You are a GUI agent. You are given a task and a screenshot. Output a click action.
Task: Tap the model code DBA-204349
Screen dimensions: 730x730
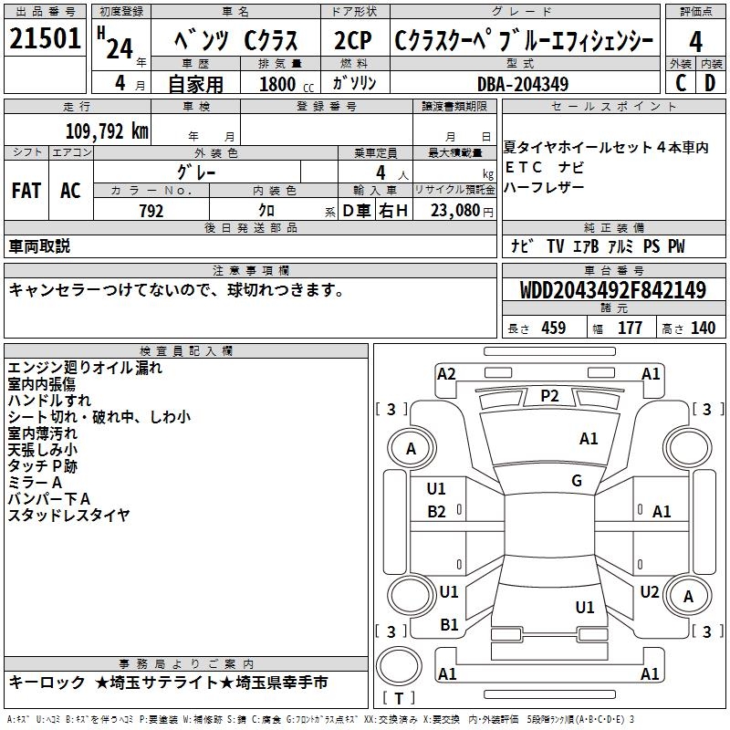[523, 84]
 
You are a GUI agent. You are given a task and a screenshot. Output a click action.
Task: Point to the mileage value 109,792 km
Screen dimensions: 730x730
[107, 130]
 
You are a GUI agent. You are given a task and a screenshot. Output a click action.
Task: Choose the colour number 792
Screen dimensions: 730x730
[151, 211]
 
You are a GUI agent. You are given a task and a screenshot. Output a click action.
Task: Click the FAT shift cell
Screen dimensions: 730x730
[26, 191]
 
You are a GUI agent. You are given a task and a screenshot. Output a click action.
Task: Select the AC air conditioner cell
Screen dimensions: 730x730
[70, 191]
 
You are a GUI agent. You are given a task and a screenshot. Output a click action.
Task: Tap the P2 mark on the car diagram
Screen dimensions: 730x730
[549, 395]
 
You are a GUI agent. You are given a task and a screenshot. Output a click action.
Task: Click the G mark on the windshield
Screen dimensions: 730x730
[577, 481]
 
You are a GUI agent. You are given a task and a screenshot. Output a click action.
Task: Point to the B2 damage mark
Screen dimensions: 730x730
[437, 512]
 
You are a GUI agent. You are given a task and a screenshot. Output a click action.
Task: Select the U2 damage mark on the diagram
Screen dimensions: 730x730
[650, 592]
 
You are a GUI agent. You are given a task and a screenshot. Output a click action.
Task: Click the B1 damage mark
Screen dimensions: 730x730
[449, 625]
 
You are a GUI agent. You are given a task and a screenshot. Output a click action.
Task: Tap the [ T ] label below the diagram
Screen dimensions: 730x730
[399, 698]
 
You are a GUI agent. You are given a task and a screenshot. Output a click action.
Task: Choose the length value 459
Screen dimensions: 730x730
[553, 328]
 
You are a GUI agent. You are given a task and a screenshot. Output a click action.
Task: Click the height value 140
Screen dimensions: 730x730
[703, 328]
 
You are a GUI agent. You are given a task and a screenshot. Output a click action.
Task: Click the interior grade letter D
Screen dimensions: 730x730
[710, 83]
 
